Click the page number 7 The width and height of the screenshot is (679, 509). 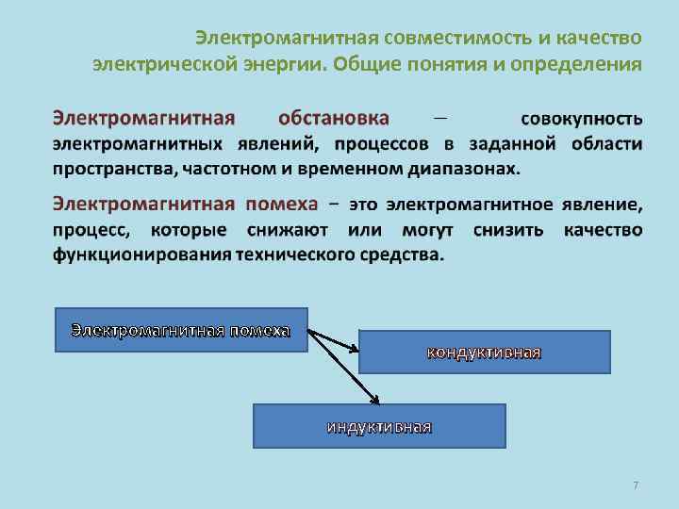click(636, 484)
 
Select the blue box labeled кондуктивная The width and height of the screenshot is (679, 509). click(485, 353)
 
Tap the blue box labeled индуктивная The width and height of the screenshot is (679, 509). click(379, 426)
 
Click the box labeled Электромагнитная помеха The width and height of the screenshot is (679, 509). click(181, 330)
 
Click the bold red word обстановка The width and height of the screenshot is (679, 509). click(334, 119)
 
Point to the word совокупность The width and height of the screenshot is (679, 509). click(582, 120)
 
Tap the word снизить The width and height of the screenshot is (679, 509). click(505, 230)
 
